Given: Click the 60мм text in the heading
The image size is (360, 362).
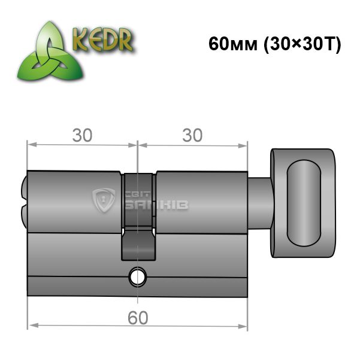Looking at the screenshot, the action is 233,44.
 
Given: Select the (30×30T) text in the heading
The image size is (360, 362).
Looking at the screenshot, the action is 302,44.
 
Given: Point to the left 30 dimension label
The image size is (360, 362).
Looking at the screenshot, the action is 82,135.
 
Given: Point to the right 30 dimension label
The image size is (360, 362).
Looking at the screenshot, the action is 192,135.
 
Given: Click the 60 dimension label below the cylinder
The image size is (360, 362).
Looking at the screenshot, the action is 138,318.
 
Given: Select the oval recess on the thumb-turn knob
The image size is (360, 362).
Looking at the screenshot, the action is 304,203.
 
